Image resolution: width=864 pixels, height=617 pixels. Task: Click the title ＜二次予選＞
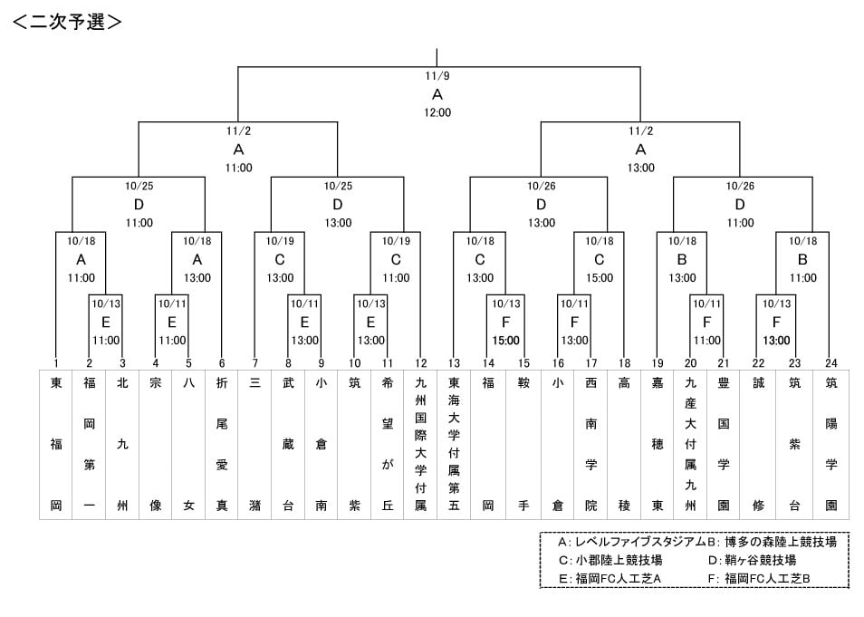pyautogui.click(x=67, y=22)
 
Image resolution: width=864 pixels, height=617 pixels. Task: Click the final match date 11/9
pyautogui.click(x=437, y=76)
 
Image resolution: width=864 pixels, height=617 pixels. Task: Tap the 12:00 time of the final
pyautogui.click(x=437, y=112)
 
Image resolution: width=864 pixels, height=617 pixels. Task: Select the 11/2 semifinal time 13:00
pyautogui.click(x=641, y=168)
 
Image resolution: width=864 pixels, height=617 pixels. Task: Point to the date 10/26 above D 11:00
pyautogui.click(x=740, y=187)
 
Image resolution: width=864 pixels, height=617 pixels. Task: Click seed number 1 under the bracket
pyautogui.click(x=55, y=363)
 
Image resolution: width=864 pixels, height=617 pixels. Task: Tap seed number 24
pyautogui.click(x=830, y=363)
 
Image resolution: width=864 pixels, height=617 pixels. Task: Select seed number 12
pyautogui.click(x=420, y=363)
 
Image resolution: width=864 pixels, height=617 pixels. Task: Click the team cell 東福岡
pyautogui.click(x=55, y=445)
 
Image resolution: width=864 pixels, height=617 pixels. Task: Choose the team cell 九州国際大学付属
pyautogui.click(x=420, y=445)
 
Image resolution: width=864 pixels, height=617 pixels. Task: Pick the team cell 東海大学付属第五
pyautogui.click(x=454, y=445)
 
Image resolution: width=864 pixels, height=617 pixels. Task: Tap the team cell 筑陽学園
pyautogui.click(x=830, y=445)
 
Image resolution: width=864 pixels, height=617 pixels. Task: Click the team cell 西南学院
pyautogui.click(x=590, y=445)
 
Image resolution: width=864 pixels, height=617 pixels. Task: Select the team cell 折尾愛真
pyautogui.click(x=222, y=445)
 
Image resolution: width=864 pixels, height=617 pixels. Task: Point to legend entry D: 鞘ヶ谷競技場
pyautogui.click(x=752, y=560)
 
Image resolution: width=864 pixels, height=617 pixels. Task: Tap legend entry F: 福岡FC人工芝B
pyautogui.click(x=759, y=578)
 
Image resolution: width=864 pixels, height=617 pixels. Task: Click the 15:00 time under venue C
pyautogui.click(x=600, y=278)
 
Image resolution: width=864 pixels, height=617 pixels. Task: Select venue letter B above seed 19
pyautogui.click(x=682, y=259)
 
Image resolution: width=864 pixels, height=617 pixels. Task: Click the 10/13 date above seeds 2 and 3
pyautogui.click(x=106, y=304)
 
